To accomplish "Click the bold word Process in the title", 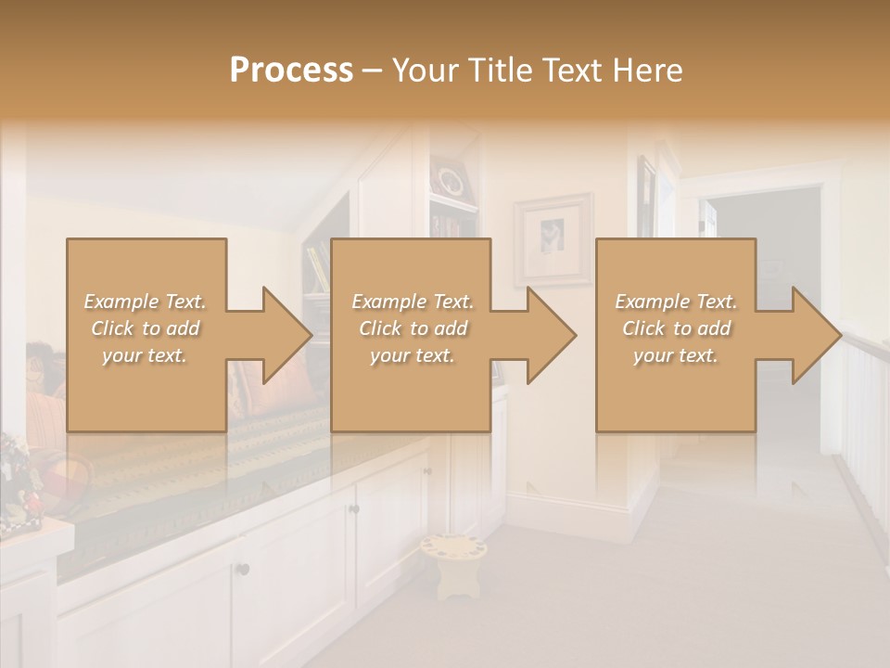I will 291,71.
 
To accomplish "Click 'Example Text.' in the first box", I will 145,302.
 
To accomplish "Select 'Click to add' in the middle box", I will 413,328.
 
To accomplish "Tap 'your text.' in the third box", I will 676,355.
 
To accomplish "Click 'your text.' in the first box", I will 145,355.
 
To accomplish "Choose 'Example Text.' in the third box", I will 676,302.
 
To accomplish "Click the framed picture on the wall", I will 553,238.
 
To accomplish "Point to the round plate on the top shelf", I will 451,179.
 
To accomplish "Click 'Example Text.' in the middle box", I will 413,302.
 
